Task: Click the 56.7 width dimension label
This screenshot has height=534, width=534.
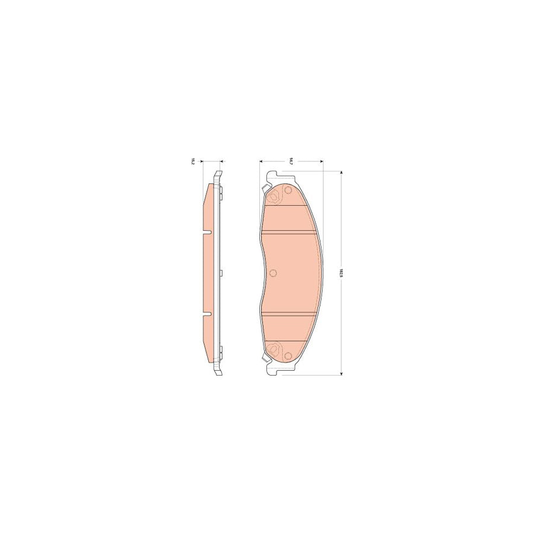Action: pyautogui.click(x=291, y=160)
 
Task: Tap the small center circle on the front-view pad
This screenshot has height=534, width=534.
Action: pyautogui.click(x=273, y=273)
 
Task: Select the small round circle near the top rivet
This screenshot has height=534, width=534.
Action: pyautogui.click(x=288, y=191)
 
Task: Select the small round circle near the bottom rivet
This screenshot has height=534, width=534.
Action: pyautogui.click(x=288, y=355)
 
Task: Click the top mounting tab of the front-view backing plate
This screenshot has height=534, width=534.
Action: pyautogui.click(x=274, y=176)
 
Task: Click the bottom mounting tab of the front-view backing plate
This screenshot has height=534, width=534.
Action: pyautogui.click(x=274, y=371)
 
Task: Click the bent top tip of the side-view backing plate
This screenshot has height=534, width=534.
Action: pyautogui.click(x=218, y=174)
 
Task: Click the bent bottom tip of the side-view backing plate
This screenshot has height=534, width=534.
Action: pyautogui.click(x=218, y=373)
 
